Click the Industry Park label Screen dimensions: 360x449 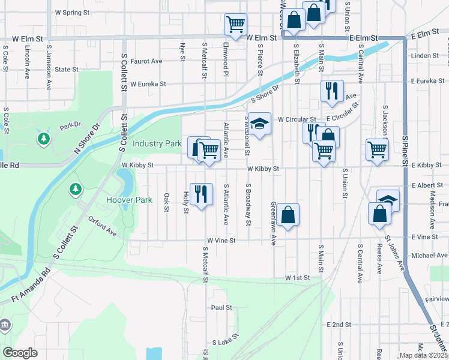(x=157, y=144)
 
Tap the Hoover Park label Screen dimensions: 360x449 (x=128, y=200)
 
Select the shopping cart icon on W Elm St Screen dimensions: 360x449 (x=235, y=24)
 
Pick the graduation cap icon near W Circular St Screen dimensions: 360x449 (x=259, y=124)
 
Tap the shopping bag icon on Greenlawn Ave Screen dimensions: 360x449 (x=288, y=214)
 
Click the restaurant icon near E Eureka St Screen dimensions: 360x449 (x=332, y=91)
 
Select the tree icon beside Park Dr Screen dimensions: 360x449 (x=44, y=139)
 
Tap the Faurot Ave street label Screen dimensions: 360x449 (x=147, y=61)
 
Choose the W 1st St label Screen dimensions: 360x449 (x=297, y=278)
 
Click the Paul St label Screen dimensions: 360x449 (x=221, y=308)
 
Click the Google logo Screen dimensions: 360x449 (x=20, y=352)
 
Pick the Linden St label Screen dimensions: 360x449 (x=426, y=56)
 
